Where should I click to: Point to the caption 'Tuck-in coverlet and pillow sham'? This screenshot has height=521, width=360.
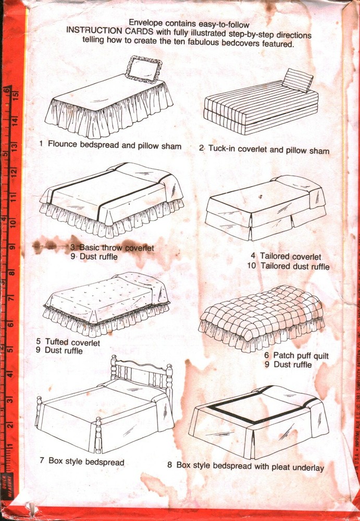click(x=264, y=150)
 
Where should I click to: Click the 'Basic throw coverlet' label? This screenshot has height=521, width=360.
click(x=112, y=247)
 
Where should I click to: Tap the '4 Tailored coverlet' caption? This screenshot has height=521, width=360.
click(x=285, y=256)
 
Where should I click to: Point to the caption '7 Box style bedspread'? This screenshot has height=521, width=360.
click(x=82, y=462)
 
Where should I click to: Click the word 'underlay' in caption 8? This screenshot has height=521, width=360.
click(x=307, y=467)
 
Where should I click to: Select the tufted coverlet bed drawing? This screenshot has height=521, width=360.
click(x=107, y=303)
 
